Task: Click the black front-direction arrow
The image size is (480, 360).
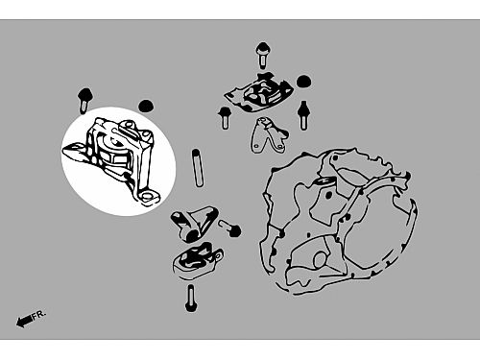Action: tap(24, 321)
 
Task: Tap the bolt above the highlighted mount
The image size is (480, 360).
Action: tap(84, 100)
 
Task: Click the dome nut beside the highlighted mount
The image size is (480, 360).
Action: tap(146, 106)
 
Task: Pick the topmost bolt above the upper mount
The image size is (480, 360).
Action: tap(262, 55)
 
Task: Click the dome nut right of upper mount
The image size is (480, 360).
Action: tap(304, 81)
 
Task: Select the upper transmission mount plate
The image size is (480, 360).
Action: tap(258, 91)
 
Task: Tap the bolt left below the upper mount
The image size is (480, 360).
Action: tap(225, 118)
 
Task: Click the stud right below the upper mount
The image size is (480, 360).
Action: tap(303, 115)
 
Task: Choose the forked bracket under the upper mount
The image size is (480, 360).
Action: tap(269, 134)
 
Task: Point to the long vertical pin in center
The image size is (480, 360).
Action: tap(198, 168)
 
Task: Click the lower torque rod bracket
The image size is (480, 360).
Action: tap(195, 223)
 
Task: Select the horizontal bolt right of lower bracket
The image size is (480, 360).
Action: tap(229, 228)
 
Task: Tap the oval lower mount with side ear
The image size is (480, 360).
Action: tap(198, 260)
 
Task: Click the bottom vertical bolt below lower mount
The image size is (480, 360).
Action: tap(191, 299)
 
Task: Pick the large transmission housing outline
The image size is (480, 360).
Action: tap(339, 221)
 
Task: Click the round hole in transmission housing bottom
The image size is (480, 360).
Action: tap(321, 260)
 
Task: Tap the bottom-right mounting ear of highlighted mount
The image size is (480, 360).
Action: tap(148, 198)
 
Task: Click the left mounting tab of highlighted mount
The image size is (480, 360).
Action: tap(74, 151)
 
